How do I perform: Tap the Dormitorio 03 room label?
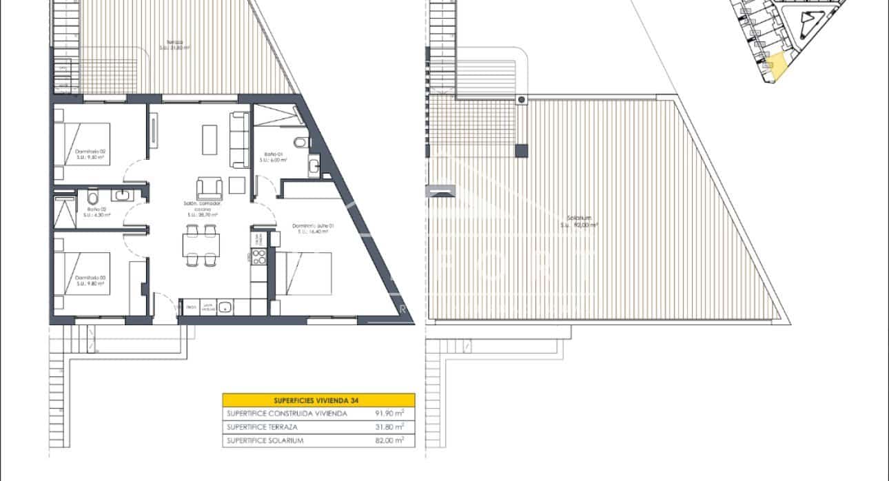tap(90, 279)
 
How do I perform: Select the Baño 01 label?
tap(273, 156)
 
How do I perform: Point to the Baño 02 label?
tap(96, 212)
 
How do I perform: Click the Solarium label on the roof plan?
tap(578, 221)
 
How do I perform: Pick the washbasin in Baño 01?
tap(314, 165)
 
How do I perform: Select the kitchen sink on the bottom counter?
tap(224, 308)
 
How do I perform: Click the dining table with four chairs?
tap(201, 245)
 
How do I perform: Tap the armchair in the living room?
tap(210, 187)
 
